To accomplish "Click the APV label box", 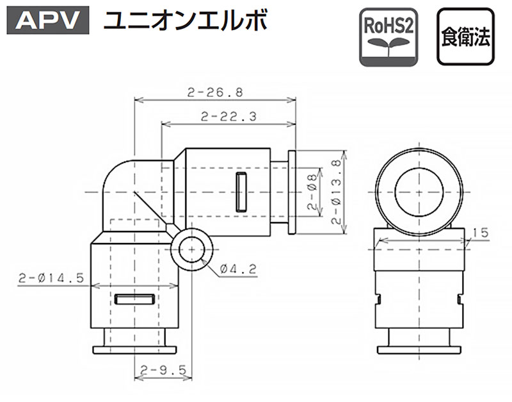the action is [48, 20].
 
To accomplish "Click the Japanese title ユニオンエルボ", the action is [186, 21].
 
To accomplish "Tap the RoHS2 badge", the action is [388, 37].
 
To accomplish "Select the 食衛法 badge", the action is [466, 37].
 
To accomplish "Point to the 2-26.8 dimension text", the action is [215, 92].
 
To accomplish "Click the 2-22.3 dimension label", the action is [228, 117].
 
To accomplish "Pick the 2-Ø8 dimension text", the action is [312, 192].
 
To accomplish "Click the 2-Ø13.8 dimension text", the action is [336, 192].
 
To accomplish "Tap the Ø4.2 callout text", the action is [238, 269].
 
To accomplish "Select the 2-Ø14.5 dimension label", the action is [51, 278].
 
